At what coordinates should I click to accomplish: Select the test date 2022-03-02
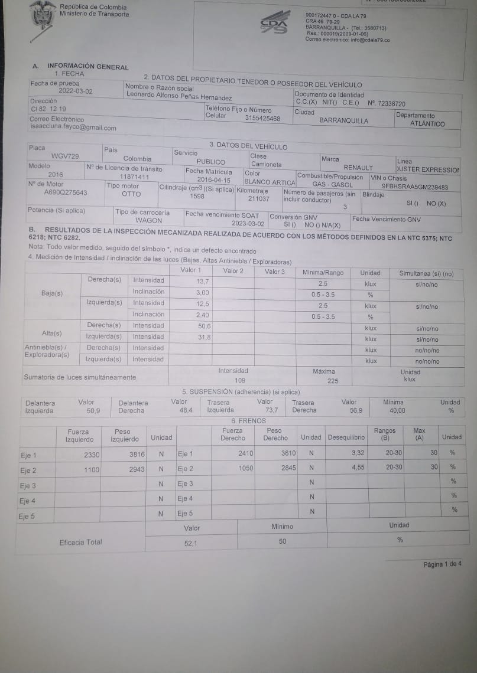[x=76, y=92]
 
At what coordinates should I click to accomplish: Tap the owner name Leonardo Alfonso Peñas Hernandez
[x=179, y=97]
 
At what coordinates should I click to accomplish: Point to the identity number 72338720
[x=387, y=103]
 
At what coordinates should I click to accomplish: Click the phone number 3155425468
[x=262, y=119]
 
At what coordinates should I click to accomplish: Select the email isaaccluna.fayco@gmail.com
[x=73, y=128]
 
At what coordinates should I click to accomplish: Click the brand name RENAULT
[x=358, y=168]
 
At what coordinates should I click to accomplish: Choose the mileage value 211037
[x=259, y=199]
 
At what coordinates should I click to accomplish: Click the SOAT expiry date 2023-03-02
[x=248, y=224]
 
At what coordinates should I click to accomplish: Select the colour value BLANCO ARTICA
[x=270, y=182]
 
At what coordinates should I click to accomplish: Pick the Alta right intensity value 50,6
[x=205, y=326]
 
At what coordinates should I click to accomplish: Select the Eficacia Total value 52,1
[x=191, y=543]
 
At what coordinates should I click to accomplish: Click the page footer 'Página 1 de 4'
[x=442, y=564]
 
